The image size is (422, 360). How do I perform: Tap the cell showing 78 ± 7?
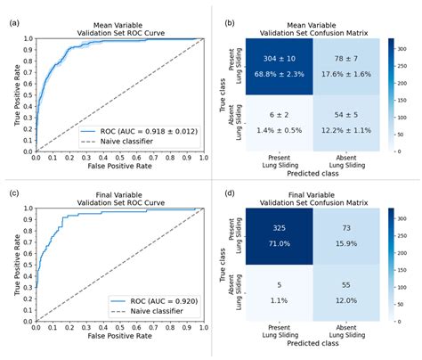(345, 66)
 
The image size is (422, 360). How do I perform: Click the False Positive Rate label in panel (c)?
(119, 350)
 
